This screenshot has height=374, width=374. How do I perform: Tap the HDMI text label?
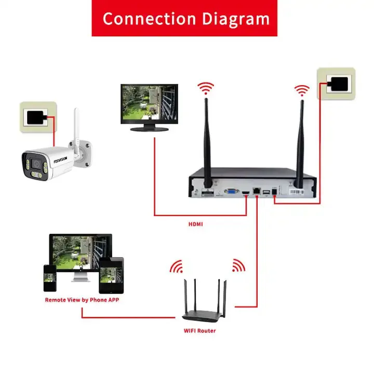tap(196, 225)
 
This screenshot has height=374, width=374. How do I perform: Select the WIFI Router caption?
tap(199, 331)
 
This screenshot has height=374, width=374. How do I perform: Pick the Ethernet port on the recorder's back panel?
tap(257, 193)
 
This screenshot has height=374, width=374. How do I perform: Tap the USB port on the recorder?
tap(266, 193)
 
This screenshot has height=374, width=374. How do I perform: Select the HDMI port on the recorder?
tap(244, 194)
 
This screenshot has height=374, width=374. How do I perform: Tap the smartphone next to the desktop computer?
tap(50, 279)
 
